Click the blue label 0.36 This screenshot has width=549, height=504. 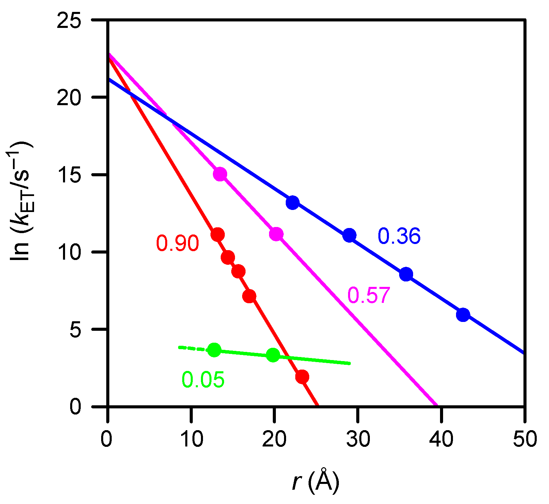[399, 236]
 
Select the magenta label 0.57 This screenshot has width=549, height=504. [368, 295]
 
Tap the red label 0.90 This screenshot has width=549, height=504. [177, 244]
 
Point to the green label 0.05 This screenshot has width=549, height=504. [203, 380]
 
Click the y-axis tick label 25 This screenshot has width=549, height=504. [69, 20]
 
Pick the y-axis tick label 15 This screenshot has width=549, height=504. [69, 175]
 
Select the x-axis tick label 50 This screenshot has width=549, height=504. [525, 439]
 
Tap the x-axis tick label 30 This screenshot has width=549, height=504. [358, 439]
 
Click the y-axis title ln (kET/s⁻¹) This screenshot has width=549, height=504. [21, 201]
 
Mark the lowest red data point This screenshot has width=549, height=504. [302, 377]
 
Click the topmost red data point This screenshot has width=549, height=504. [217, 234]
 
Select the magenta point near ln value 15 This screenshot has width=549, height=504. [220, 174]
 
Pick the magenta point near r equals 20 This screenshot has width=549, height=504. [276, 234]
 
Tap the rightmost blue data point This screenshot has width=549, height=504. [463, 315]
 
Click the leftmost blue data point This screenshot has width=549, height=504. [293, 203]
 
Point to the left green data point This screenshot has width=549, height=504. [214, 350]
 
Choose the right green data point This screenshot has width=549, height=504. [273, 355]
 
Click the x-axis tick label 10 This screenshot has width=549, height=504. [192, 439]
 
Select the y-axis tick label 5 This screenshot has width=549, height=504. [75, 329]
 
